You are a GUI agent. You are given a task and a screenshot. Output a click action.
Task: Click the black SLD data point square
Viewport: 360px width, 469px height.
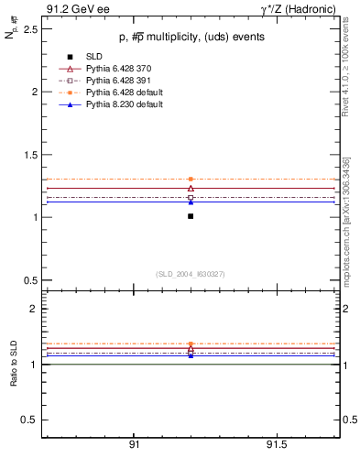pyautogui.click(x=191, y=216)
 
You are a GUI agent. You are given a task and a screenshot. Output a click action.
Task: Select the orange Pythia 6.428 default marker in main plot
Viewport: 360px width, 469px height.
pyautogui.click(x=191, y=179)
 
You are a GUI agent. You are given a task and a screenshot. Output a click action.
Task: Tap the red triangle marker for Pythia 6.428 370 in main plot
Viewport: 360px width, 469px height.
pyautogui.click(x=191, y=188)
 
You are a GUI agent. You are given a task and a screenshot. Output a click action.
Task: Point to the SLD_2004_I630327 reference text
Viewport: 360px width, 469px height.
pyautogui.click(x=190, y=274)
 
